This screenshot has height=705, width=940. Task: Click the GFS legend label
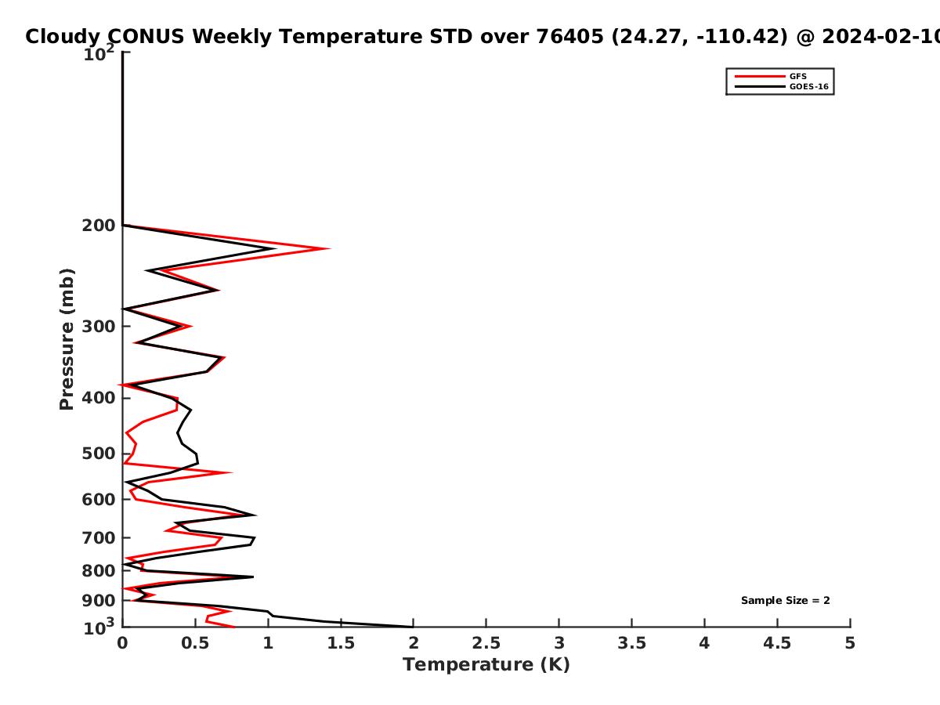pyautogui.click(x=797, y=76)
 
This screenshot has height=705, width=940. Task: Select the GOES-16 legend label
pyautogui.click(x=809, y=86)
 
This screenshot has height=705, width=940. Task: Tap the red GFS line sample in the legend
pyautogui.click(x=760, y=76)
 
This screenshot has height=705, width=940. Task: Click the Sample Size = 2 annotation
pyautogui.click(x=786, y=601)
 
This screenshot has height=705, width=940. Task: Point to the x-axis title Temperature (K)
pyautogui.click(x=486, y=665)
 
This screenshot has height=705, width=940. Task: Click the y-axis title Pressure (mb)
pyautogui.click(x=67, y=339)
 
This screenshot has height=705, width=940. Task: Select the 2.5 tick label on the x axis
pyautogui.click(x=486, y=643)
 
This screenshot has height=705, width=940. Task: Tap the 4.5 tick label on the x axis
pyautogui.click(x=777, y=643)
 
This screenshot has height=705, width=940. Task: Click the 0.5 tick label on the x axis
pyautogui.click(x=195, y=643)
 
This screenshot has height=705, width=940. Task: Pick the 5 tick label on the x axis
pyautogui.click(x=850, y=643)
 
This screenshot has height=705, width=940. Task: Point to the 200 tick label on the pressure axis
pyautogui.click(x=99, y=226)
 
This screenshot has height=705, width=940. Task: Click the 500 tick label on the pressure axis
pyautogui.click(x=99, y=454)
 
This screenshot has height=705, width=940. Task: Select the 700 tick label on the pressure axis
pyautogui.click(x=99, y=538)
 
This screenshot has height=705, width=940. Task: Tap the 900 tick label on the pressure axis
pyautogui.click(x=99, y=601)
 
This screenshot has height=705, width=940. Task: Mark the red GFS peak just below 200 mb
pyautogui.click(x=329, y=248)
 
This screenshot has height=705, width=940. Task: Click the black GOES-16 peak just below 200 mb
pyautogui.click(x=275, y=248)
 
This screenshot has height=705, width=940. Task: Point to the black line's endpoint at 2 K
pyautogui.click(x=412, y=627)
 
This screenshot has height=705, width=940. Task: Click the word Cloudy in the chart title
pyautogui.click(x=63, y=37)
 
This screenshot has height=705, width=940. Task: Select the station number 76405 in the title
pyautogui.click(x=569, y=37)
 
